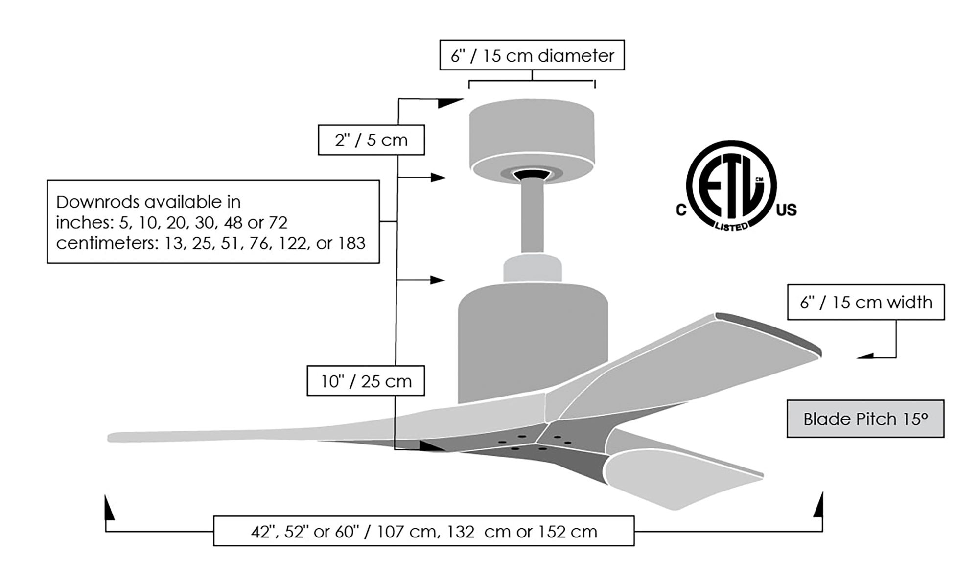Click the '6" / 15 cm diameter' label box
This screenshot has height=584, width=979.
(532, 55)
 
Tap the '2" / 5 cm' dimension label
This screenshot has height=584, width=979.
(371, 140)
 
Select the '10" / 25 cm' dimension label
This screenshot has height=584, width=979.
(366, 381)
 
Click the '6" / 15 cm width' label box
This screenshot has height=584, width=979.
(865, 303)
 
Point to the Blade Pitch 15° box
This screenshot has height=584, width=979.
(865, 419)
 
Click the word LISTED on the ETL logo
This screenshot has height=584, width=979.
(731, 226)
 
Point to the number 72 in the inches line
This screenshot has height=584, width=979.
(278, 223)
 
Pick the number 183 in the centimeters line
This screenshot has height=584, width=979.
(351, 243)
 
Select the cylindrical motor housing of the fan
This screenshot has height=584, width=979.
(533, 343)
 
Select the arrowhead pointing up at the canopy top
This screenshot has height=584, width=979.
(449, 103)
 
